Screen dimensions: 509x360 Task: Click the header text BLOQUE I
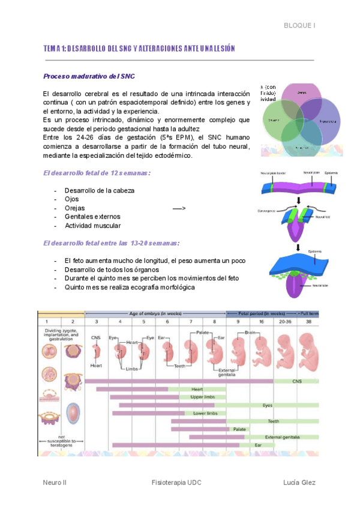299,26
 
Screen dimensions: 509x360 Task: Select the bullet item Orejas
74,208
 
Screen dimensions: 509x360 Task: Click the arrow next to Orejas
179,208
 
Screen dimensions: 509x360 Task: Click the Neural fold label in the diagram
315,217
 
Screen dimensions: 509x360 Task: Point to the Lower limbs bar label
205,414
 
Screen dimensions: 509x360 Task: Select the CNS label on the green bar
296,381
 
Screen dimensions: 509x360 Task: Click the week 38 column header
308,321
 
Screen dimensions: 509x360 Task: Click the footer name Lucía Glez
300,483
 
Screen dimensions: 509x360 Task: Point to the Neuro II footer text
55,483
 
